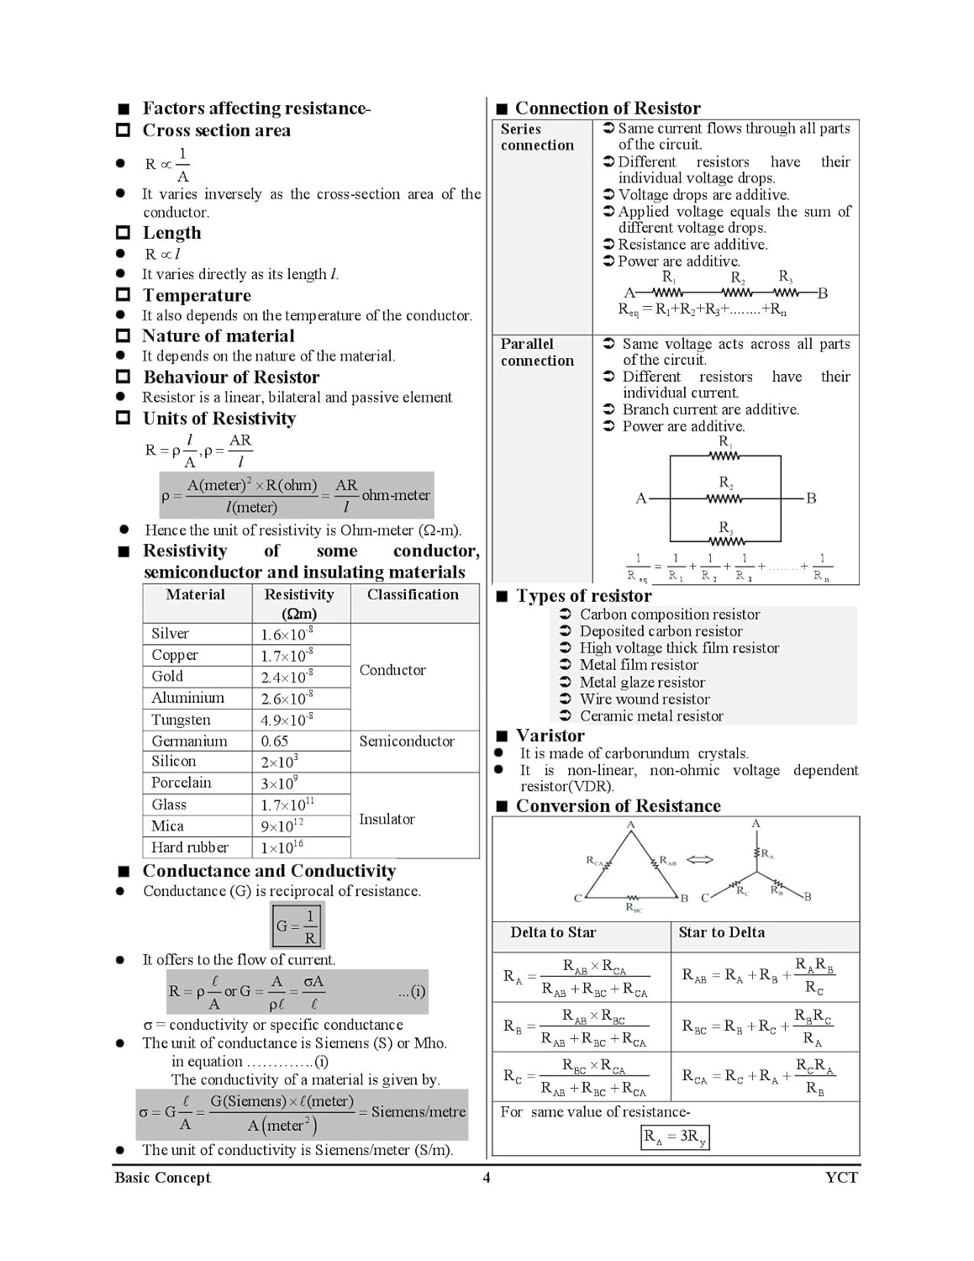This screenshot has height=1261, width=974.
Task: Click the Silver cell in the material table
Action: (x=171, y=634)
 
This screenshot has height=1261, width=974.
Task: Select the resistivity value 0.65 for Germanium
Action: (x=275, y=741)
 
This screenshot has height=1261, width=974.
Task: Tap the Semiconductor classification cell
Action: (x=407, y=741)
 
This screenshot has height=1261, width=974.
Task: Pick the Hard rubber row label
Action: (x=190, y=847)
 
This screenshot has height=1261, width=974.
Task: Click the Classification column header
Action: (x=413, y=594)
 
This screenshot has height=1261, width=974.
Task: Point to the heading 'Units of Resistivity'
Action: (x=219, y=419)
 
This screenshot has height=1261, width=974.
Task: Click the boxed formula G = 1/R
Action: (x=297, y=926)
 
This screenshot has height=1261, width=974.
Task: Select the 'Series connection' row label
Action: (x=537, y=137)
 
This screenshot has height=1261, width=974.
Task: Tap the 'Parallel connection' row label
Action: (x=537, y=352)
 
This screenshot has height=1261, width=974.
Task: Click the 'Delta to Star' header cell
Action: (x=553, y=932)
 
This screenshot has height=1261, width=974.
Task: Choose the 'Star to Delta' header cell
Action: (x=722, y=932)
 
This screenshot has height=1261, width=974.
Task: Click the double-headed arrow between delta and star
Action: (x=700, y=859)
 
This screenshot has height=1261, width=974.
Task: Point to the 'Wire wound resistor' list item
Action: (x=645, y=699)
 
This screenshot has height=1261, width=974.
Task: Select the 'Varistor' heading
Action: (x=550, y=736)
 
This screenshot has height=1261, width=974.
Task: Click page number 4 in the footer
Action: (x=487, y=1178)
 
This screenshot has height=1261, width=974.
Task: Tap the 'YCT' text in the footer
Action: (x=841, y=1178)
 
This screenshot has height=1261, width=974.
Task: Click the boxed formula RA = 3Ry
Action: (x=676, y=1137)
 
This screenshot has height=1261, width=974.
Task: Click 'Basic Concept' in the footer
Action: (x=163, y=1178)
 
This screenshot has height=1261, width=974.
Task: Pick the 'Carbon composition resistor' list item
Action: (x=670, y=615)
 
